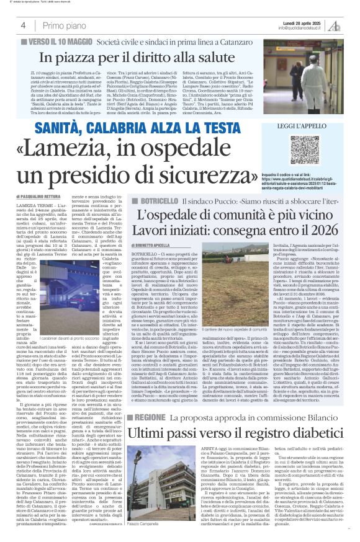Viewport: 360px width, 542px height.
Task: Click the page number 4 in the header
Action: point(23,25)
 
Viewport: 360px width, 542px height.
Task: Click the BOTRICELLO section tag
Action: point(153,202)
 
